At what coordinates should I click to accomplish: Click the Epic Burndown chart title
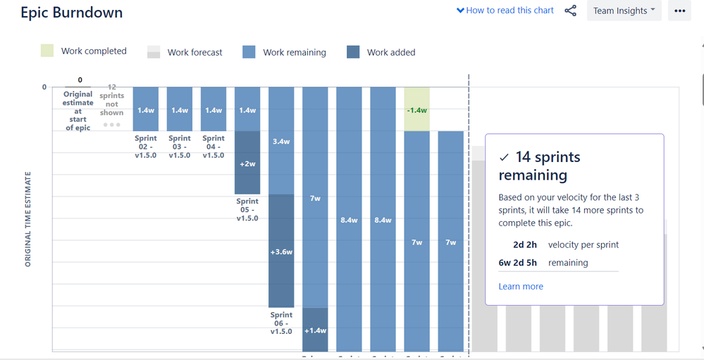[x=71, y=13]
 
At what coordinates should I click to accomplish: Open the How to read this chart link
[x=505, y=11]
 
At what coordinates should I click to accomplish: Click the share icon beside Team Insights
[x=571, y=11]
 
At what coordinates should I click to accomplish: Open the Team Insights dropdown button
[x=624, y=11]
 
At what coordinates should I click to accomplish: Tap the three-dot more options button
[x=679, y=11]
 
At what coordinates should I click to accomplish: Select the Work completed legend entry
[x=85, y=51]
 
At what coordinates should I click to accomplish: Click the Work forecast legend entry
[x=185, y=52]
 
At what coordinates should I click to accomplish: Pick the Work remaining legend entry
[x=285, y=52]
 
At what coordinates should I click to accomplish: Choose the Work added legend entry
[x=381, y=52]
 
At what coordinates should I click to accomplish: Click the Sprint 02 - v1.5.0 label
[x=146, y=147]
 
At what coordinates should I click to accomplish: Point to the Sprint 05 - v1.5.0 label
[x=247, y=209]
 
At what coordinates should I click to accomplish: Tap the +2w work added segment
[x=247, y=163]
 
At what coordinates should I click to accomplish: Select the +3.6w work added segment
[x=281, y=251]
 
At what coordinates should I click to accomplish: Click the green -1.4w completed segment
[x=416, y=109]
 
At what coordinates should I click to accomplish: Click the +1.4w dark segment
[x=315, y=330]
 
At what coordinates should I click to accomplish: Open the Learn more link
[x=521, y=287]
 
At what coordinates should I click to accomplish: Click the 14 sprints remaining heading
[x=539, y=166]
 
